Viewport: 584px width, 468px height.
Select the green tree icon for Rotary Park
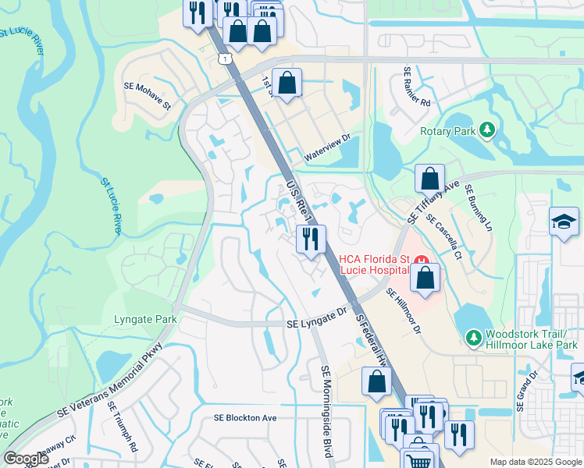click(x=487, y=129)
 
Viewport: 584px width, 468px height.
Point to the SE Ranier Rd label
click(x=417, y=86)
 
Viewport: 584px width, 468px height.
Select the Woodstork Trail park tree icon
click(x=472, y=337)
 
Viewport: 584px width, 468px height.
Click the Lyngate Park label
click(x=145, y=319)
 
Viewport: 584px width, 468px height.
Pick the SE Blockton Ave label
click(x=246, y=417)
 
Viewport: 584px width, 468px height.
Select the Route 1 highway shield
click(x=224, y=58)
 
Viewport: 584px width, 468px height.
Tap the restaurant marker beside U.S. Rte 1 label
click(x=311, y=238)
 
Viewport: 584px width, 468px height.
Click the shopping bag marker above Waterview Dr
click(x=287, y=82)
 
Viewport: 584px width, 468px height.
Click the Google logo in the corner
click(x=26, y=459)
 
